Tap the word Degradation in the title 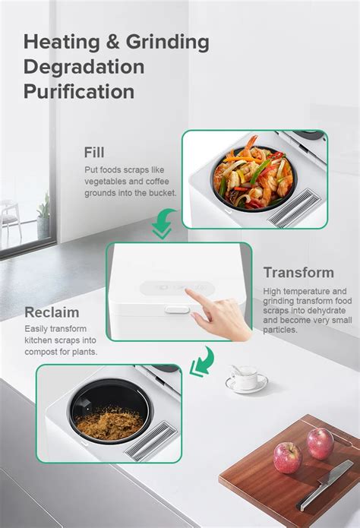pyautogui.click(x=84, y=66)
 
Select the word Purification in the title pyautogui.click(x=79, y=91)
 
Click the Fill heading pyautogui.click(x=95, y=152)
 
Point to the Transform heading pyautogui.click(x=298, y=273)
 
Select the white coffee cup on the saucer pyautogui.click(x=245, y=375)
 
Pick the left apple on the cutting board pyautogui.click(x=287, y=457)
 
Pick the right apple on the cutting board pyautogui.click(x=320, y=443)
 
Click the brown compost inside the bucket pyautogui.click(x=110, y=419)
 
